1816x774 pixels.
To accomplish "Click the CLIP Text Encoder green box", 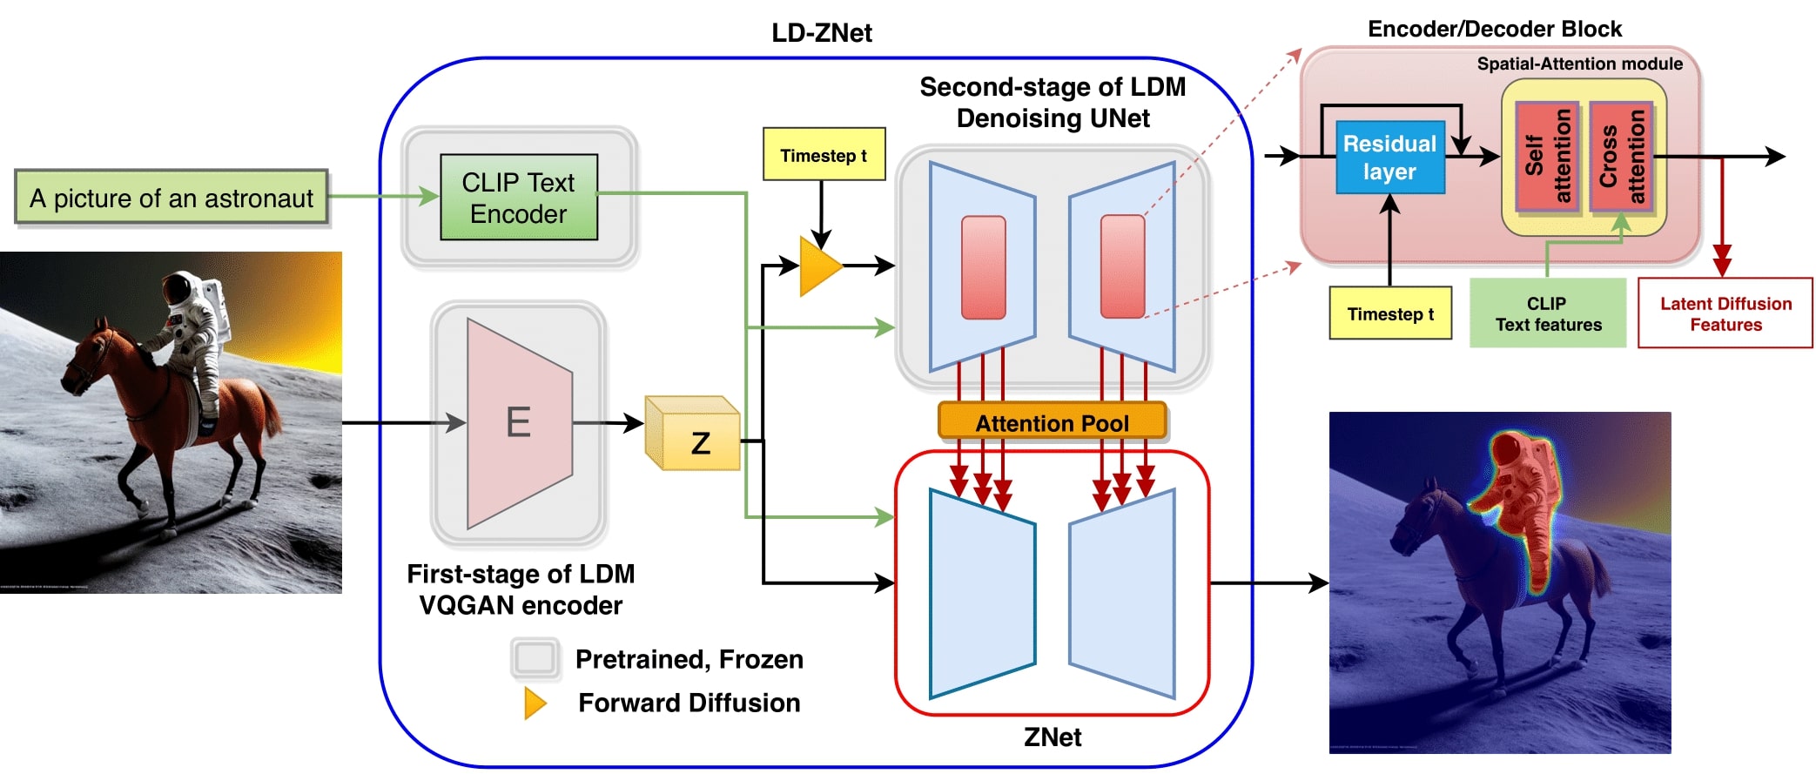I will tap(519, 198).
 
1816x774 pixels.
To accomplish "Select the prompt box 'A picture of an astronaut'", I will tap(172, 198).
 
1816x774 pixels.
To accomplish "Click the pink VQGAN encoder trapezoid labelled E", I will tap(519, 423).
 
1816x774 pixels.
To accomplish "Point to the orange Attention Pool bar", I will tap(1052, 422).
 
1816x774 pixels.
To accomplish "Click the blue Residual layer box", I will tap(1389, 158).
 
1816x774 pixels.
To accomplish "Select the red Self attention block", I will tap(1547, 157).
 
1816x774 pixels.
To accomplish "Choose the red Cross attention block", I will tap(1621, 157).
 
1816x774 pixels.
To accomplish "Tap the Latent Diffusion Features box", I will tap(1725, 313).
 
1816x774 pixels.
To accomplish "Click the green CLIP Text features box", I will tap(1548, 313).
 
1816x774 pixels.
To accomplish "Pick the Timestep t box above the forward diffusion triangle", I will tap(824, 155).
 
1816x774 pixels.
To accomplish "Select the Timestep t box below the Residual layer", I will tap(1390, 313).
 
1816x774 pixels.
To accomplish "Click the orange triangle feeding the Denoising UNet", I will tap(818, 266).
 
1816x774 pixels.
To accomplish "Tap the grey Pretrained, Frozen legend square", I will tap(535, 659).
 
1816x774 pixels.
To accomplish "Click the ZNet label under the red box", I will tap(1052, 737).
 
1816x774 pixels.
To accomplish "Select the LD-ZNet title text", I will tap(821, 33).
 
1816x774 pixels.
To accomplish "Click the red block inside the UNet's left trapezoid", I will tap(983, 267).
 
